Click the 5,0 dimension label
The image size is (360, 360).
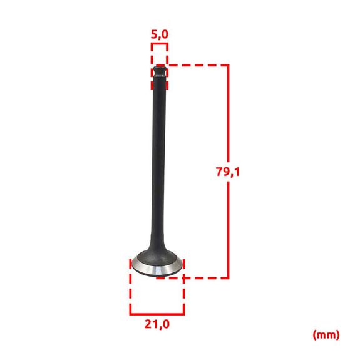pyautogui.click(x=160, y=34)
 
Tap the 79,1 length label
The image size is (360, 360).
pyautogui.click(x=228, y=172)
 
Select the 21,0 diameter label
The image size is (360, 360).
pyautogui.click(x=157, y=324)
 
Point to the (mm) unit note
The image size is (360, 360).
pyautogui.click(x=326, y=335)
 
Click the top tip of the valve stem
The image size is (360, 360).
pyautogui.click(x=160, y=66)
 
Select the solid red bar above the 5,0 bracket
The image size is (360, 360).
pyautogui.click(x=160, y=44)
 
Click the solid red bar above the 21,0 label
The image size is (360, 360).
pyautogui.click(x=157, y=314)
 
